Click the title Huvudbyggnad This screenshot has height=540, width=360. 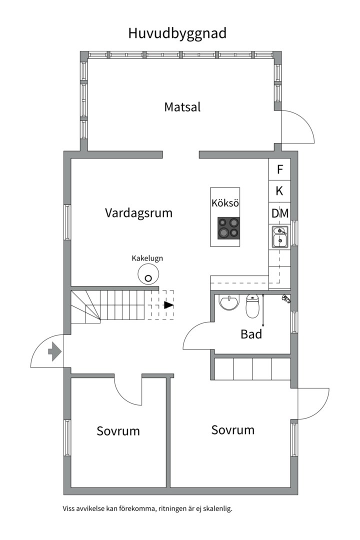pos(177,33)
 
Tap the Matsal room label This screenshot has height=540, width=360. pos(182,107)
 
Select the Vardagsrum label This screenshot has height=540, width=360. pos(138,213)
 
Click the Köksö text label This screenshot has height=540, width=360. pos(225,203)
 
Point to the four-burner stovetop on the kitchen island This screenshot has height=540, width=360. pos(227,227)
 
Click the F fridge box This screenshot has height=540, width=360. pos(280,169)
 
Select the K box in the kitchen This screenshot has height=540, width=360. pos(280,191)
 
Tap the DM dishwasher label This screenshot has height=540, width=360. pos(280,213)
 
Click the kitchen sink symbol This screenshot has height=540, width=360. pos(280,236)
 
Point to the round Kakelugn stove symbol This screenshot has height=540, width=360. pos(148,274)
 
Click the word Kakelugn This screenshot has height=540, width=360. pos(147,258)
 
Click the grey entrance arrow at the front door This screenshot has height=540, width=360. pos(54,351)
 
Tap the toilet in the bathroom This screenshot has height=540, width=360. pos(253,306)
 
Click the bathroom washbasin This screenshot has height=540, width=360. pos(229,302)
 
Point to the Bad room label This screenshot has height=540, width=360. pos(251,334)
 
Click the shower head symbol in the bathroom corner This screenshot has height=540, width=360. pos(286,298)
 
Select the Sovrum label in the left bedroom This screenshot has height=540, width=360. pos(118,431)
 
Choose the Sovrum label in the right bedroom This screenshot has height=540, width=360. pos(232,430)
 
